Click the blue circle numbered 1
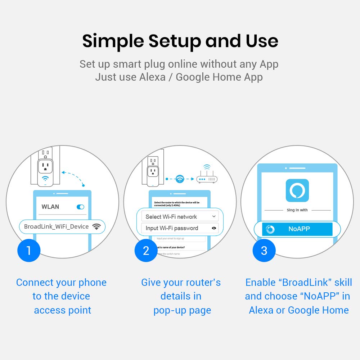(29, 250)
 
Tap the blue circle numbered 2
(146, 250)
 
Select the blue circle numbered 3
(264, 250)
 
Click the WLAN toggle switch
(80, 207)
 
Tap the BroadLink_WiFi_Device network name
(56, 226)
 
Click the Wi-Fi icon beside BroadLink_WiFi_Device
(96, 226)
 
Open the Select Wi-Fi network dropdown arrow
(214, 216)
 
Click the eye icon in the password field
(214, 228)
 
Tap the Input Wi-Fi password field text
(172, 228)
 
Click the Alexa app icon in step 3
(297, 190)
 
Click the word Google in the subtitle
(194, 77)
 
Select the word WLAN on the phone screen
(50, 207)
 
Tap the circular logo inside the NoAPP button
(270, 229)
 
